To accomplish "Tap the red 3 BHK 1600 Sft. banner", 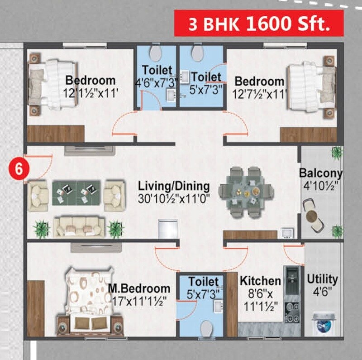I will click(x=259, y=24).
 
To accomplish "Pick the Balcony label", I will click(x=320, y=173).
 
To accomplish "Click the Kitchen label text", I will click(x=260, y=281).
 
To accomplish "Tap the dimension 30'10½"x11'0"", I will click(x=174, y=198).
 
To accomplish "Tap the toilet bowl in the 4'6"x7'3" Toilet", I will click(x=156, y=53).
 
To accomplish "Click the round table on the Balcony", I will click(x=312, y=216).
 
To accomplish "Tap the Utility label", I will click(x=322, y=279).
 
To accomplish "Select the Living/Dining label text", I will click(x=174, y=186).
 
